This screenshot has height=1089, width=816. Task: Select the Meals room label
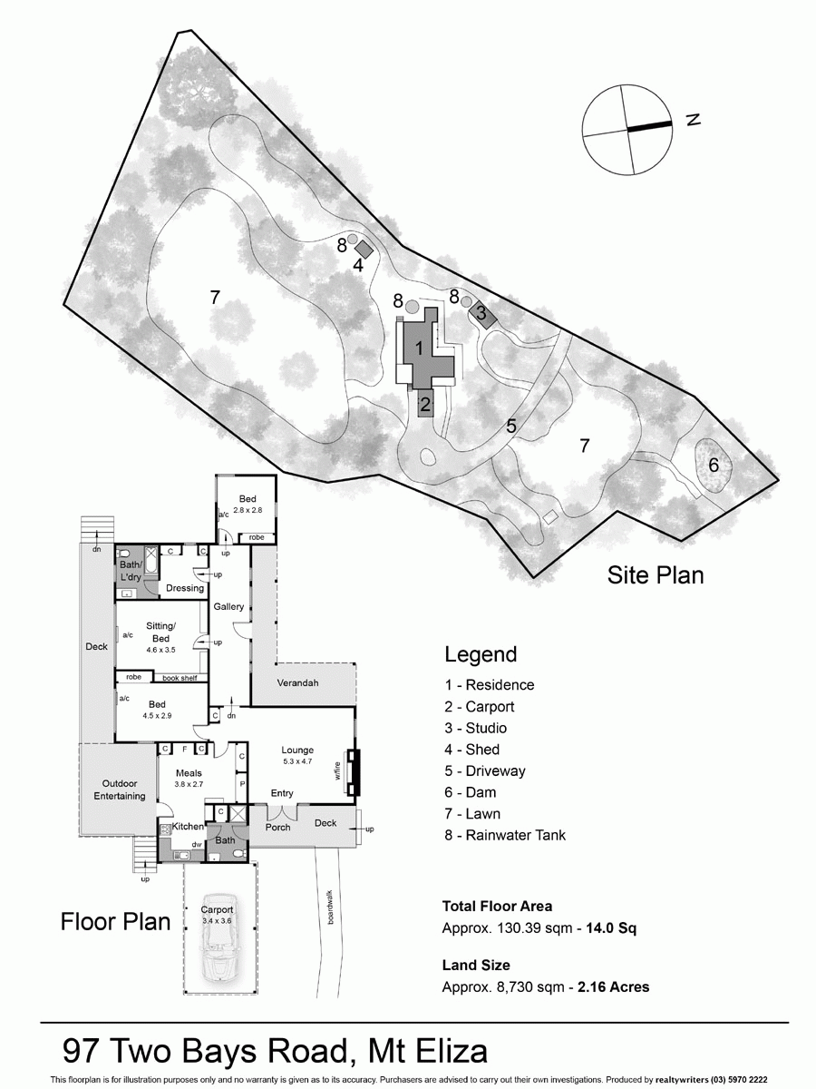pos(189,772)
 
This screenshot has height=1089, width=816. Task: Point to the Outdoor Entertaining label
pos(119,790)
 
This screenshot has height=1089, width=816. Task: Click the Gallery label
pos(229,605)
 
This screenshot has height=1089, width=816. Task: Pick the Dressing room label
pos(185,588)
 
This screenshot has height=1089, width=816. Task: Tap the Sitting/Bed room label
pos(160,633)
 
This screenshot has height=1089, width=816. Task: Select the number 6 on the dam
pos(714,466)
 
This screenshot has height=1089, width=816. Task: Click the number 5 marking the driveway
pos(511,426)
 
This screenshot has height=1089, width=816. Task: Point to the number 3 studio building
pos(481,315)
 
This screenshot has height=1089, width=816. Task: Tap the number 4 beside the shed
pos(358,266)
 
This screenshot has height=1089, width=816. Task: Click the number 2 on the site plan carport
pos(424,403)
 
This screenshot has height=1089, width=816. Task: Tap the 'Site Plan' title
pos(656,574)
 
